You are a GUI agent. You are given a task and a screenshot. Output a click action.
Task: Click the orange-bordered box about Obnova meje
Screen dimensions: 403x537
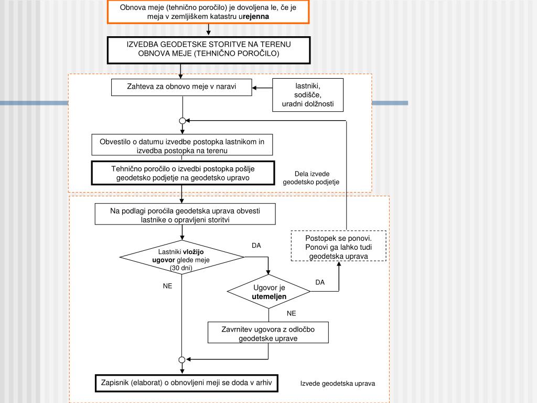(208, 12)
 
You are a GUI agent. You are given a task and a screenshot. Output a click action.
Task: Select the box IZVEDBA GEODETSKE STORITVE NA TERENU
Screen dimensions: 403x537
(208, 49)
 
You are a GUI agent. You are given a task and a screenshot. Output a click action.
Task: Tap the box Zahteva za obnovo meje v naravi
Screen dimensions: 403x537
(182, 87)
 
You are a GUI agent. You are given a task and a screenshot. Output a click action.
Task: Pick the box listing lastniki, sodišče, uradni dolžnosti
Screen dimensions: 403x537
(308, 95)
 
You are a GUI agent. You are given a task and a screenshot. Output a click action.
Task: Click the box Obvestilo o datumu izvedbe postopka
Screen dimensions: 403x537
(182, 146)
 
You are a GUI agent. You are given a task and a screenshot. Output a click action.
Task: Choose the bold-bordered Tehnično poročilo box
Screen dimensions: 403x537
(182, 173)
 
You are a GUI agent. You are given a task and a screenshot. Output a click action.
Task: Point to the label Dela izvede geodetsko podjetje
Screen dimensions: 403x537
(312, 178)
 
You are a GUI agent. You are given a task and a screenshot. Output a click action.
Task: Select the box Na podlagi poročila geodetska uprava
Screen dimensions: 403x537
(185, 215)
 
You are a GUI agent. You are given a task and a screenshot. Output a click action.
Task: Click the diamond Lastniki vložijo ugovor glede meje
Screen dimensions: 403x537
(182, 257)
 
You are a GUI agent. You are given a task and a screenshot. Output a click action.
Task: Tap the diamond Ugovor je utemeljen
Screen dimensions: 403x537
(269, 292)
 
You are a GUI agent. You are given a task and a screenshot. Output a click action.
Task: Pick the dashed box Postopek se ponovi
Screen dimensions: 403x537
(338, 246)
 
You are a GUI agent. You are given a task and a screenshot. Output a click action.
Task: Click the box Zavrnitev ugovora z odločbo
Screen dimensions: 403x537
(268, 334)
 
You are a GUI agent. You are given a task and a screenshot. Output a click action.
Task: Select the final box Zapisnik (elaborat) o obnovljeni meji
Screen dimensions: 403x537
(186, 383)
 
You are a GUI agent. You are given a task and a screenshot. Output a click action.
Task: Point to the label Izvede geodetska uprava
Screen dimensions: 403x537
(338, 384)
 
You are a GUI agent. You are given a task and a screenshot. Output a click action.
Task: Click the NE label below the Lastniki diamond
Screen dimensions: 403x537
(167, 287)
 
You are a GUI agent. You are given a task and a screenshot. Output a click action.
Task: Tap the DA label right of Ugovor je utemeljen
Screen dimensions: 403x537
(320, 282)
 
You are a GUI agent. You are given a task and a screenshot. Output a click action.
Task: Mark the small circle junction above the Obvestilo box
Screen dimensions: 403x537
(182, 121)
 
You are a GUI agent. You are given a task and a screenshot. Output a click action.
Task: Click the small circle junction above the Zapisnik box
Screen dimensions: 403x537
(182, 359)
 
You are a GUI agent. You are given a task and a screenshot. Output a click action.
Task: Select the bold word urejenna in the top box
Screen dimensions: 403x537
(254, 17)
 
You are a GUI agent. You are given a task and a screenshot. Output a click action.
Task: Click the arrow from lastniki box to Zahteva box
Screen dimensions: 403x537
(262, 88)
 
